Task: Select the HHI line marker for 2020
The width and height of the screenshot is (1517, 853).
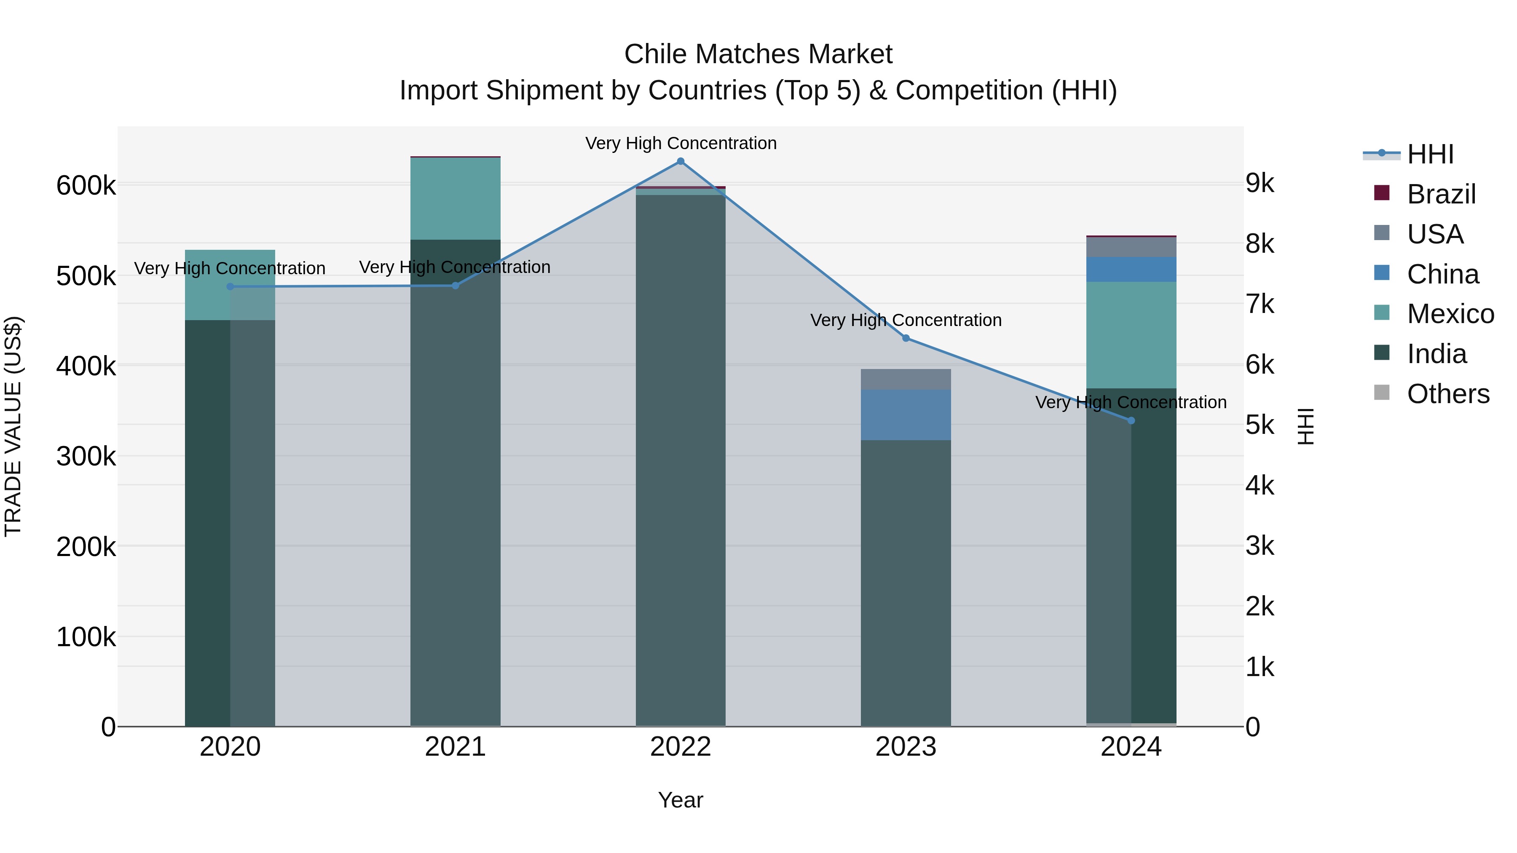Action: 230,287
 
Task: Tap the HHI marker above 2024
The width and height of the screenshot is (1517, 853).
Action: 1131,420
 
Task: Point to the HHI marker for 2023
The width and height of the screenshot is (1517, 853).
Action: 906,338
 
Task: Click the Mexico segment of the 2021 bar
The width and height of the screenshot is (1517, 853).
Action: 455,198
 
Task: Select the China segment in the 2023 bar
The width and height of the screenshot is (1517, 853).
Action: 906,414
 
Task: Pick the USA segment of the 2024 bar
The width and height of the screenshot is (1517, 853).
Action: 1131,247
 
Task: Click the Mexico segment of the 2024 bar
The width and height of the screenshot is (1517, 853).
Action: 1131,334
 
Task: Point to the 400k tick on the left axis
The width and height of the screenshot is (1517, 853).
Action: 86,366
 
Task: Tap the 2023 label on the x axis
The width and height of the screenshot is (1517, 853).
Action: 906,747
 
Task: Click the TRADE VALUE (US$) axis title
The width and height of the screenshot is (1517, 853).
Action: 13,426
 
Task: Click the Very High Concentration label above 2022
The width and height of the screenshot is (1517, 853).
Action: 681,143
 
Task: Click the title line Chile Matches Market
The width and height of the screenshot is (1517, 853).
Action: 758,54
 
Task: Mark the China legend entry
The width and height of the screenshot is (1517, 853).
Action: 1442,274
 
